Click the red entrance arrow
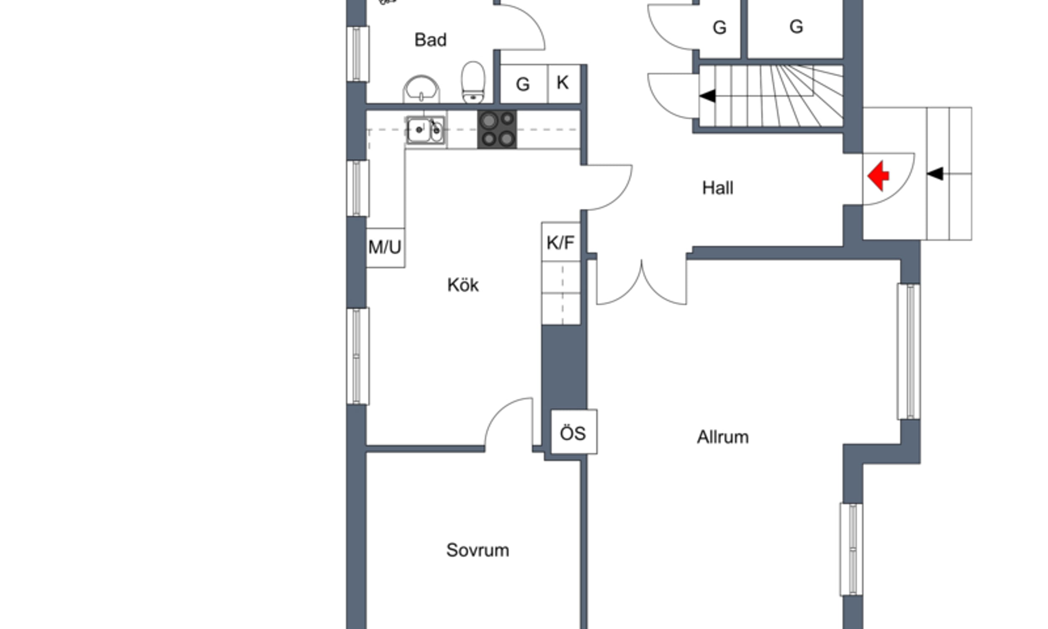[878, 175]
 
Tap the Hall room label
[718, 188]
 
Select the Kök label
[463, 285]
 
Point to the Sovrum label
[477, 550]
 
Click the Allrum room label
[723, 437]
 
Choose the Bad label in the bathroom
[431, 40]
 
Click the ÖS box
[574, 432]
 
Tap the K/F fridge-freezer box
[561, 242]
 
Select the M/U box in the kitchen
[385, 247]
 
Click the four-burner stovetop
[497, 129]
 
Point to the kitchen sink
[425, 130]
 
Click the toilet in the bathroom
[473, 82]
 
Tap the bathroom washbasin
[421, 89]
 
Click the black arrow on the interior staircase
[707, 96]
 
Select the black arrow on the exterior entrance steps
[935, 174]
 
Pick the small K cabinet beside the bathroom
[564, 83]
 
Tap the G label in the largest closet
[796, 27]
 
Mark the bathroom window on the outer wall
[358, 54]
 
